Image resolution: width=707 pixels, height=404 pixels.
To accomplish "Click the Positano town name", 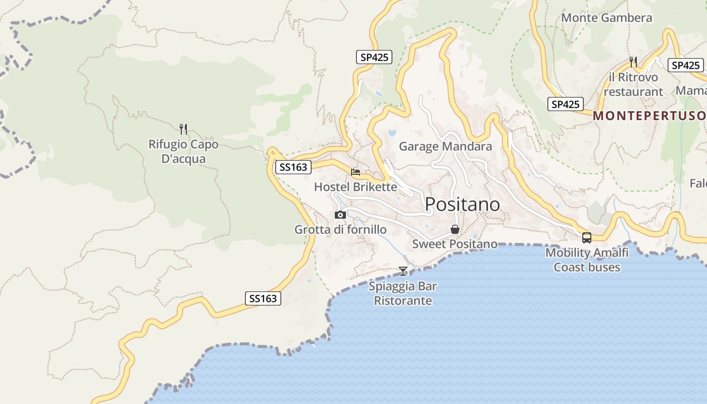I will point(462,205).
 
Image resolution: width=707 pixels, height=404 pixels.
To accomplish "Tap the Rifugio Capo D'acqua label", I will point(183,151).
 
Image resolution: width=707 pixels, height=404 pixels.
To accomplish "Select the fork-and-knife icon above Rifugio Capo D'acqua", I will point(183,129).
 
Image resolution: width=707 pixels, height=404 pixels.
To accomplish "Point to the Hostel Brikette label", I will point(356,187).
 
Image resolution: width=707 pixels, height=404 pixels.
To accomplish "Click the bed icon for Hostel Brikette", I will point(356,172).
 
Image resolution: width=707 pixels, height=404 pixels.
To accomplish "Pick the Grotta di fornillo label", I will point(340,230).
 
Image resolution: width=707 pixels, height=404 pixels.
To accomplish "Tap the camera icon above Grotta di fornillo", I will point(340,215).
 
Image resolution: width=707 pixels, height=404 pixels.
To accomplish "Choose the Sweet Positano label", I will point(454,244).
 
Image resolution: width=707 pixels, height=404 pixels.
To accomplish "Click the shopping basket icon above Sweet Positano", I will point(455,230).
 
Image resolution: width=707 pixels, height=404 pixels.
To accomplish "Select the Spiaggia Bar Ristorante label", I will point(402,293).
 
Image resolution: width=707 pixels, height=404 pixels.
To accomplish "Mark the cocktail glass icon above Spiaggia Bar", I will point(403,271).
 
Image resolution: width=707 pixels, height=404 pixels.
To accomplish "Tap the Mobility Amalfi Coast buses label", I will point(587,260).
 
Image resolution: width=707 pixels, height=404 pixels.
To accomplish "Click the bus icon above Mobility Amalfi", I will point(587,237).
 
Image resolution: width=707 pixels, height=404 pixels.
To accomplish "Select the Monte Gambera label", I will point(607,18).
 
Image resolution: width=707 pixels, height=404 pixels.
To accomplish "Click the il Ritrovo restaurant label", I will point(633,84).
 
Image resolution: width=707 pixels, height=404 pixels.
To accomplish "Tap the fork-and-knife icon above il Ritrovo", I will point(633,62).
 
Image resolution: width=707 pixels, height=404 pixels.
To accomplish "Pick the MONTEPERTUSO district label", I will point(649,116).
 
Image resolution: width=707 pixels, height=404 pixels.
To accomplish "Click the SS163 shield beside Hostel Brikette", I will point(293,167).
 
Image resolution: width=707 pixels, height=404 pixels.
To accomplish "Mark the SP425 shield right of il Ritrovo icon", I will point(685,65).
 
